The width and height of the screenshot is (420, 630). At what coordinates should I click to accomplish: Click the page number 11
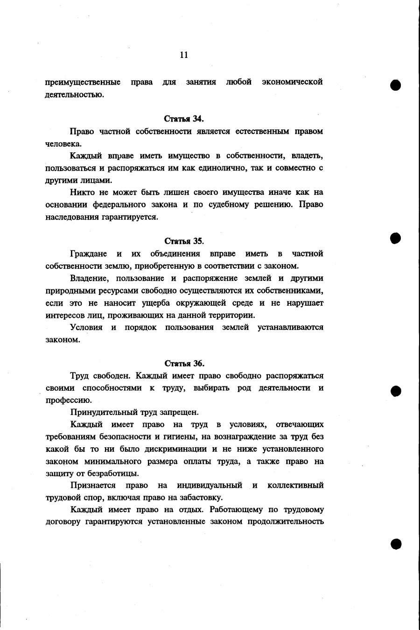pos(184,55)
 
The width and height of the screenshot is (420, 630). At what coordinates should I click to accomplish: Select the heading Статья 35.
pos(184,241)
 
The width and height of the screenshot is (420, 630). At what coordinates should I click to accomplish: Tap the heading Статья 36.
pos(184,363)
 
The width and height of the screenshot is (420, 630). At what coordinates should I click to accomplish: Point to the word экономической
pos(292,82)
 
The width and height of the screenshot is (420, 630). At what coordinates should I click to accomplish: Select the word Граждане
pos(89,254)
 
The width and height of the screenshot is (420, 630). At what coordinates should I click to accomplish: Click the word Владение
pos(89,279)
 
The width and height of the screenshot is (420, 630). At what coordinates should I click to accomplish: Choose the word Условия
pos(86,327)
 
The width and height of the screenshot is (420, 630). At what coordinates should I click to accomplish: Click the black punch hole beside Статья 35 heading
pos(396,238)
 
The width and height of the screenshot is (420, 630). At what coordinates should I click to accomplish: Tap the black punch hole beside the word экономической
pos(396,85)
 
